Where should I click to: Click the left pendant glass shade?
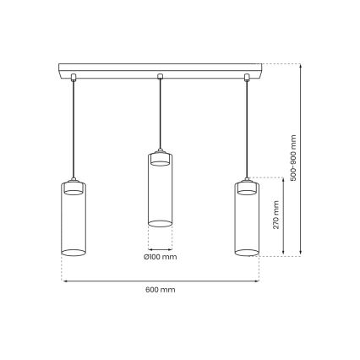74,220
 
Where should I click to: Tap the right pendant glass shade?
247,220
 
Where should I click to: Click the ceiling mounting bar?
161,68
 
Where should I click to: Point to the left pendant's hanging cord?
74,127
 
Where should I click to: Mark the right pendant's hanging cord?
247,127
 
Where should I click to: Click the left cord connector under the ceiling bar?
74,79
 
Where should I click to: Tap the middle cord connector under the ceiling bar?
161,79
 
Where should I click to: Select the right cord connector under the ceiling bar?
247,79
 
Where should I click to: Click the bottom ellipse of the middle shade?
161,223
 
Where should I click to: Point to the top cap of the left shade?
74,186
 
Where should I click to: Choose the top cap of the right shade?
247,186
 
